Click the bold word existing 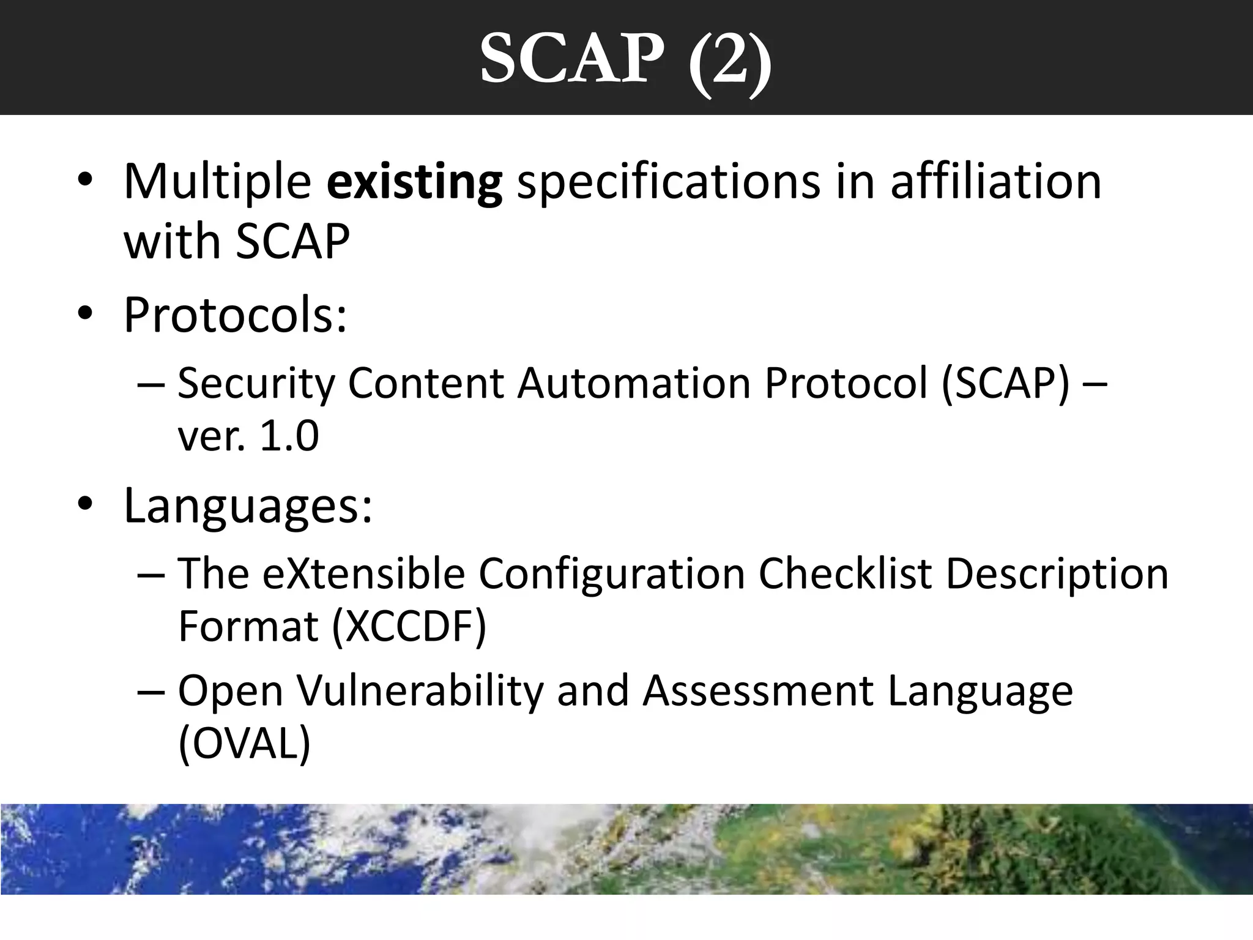click(x=414, y=182)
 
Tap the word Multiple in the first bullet click(x=217, y=182)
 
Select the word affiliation click(x=995, y=182)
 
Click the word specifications click(x=668, y=182)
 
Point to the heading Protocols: click(x=235, y=315)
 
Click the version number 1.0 click(x=289, y=436)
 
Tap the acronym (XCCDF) click(x=409, y=627)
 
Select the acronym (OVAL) click(x=244, y=744)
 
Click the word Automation click(x=633, y=384)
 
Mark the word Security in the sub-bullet click(x=256, y=384)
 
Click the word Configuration click(x=611, y=574)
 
